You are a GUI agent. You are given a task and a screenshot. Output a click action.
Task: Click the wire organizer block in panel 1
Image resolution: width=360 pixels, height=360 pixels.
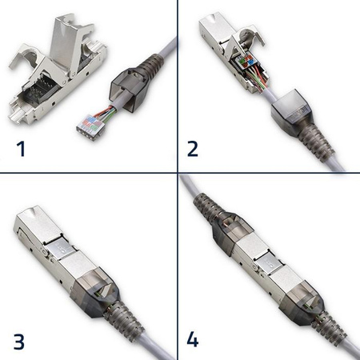tap(94, 123)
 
